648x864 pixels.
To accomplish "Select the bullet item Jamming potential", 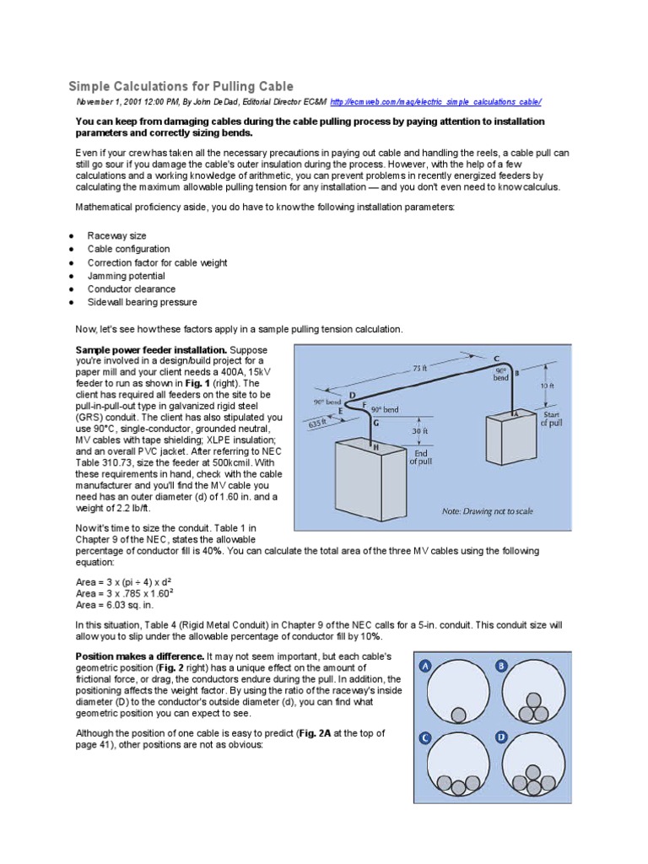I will coord(126,276).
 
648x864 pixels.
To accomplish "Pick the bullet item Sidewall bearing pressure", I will coord(142,302).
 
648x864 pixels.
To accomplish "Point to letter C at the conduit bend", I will coord(495,359).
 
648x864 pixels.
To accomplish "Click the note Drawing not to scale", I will coord(488,511).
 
